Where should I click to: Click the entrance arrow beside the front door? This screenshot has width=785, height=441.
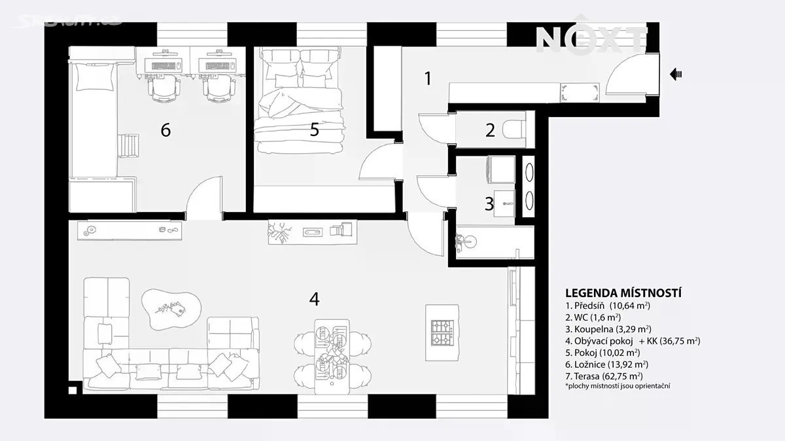(x=675, y=75)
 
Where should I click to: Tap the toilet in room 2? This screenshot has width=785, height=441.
(x=514, y=130)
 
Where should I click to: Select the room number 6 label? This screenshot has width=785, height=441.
(x=166, y=130)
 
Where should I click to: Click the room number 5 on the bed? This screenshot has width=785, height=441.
(x=315, y=130)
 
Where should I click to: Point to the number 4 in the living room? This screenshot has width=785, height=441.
(x=315, y=299)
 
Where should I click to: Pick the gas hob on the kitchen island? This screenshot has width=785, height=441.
(x=442, y=332)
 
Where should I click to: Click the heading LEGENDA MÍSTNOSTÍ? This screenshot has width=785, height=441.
(x=623, y=293)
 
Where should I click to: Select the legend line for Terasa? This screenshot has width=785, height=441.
(x=604, y=376)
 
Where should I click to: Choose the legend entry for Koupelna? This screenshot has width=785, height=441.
(x=608, y=329)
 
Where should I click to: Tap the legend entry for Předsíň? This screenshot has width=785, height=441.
(x=607, y=306)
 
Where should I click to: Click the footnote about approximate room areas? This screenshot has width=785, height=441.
(x=618, y=386)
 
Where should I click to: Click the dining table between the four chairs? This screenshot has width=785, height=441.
(x=332, y=357)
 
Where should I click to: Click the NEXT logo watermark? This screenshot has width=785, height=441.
(x=591, y=39)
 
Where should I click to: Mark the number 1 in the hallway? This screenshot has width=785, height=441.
(x=428, y=79)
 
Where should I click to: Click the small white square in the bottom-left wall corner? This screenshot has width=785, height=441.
(x=73, y=390)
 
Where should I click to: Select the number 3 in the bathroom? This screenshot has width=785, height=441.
(x=489, y=203)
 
